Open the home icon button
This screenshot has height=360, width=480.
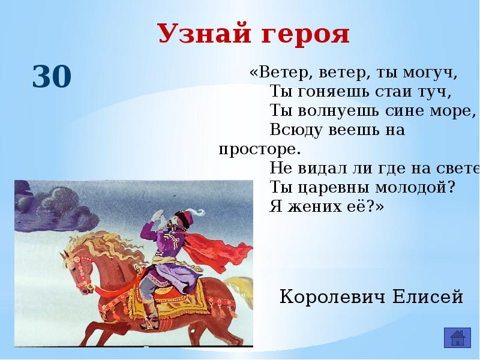[x=457, y=338]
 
